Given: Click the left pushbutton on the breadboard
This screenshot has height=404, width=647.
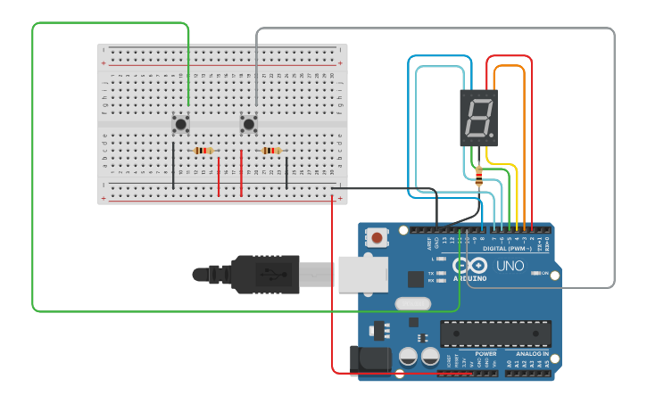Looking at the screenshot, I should coord(180,123).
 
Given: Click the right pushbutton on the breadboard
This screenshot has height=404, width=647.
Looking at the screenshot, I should coord(249,123).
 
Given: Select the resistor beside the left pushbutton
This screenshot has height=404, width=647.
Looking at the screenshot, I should coord(203,151).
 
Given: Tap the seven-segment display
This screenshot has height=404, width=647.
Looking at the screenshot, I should coord(478,118).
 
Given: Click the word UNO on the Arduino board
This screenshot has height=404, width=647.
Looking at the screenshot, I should coord(510,266).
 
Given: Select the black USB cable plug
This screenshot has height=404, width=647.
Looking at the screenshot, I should coord(268,274).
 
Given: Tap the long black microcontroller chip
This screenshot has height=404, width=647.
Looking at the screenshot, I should coord(494,334).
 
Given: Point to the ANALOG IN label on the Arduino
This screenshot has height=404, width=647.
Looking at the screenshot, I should coord(534,353).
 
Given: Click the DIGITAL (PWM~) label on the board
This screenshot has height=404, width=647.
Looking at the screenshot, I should coord(507,248).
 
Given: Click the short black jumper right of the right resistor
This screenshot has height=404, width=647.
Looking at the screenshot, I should coord(286,170).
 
